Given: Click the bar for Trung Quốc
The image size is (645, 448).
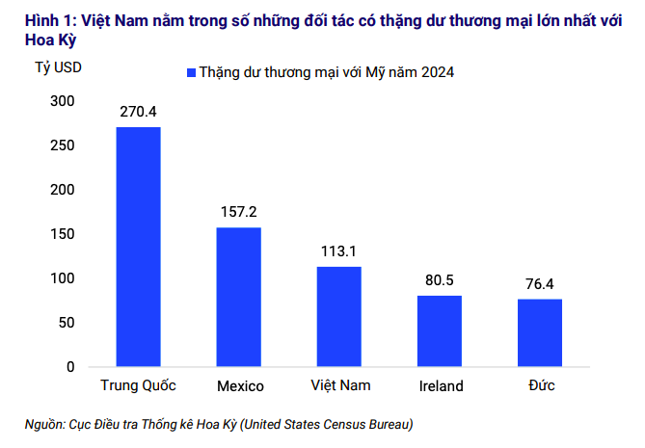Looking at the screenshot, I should point(138,247).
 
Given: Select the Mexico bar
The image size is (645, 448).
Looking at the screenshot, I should point(238,297).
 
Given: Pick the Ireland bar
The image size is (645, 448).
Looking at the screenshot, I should point(440,330).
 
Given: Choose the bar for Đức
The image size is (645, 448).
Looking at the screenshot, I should point(540,332).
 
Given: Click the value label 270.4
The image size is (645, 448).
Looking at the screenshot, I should point(138,112).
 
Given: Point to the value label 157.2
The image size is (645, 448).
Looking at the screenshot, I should point(238,212).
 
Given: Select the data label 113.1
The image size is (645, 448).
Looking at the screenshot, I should point(338,251).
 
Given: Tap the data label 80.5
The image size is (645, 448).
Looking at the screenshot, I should point(440,280).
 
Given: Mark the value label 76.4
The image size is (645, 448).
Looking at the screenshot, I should point(540,284).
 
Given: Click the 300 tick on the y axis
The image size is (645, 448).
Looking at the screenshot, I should point(62,101).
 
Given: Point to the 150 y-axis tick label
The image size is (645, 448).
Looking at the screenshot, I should point(62,234).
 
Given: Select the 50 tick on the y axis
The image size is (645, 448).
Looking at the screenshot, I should point(67,323).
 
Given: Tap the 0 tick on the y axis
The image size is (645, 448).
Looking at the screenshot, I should point(70,367).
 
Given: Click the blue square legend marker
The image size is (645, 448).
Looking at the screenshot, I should point(191,72).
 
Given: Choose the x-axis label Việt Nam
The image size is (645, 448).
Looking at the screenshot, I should point(340,385).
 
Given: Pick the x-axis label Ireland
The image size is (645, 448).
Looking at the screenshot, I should point(442,386).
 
